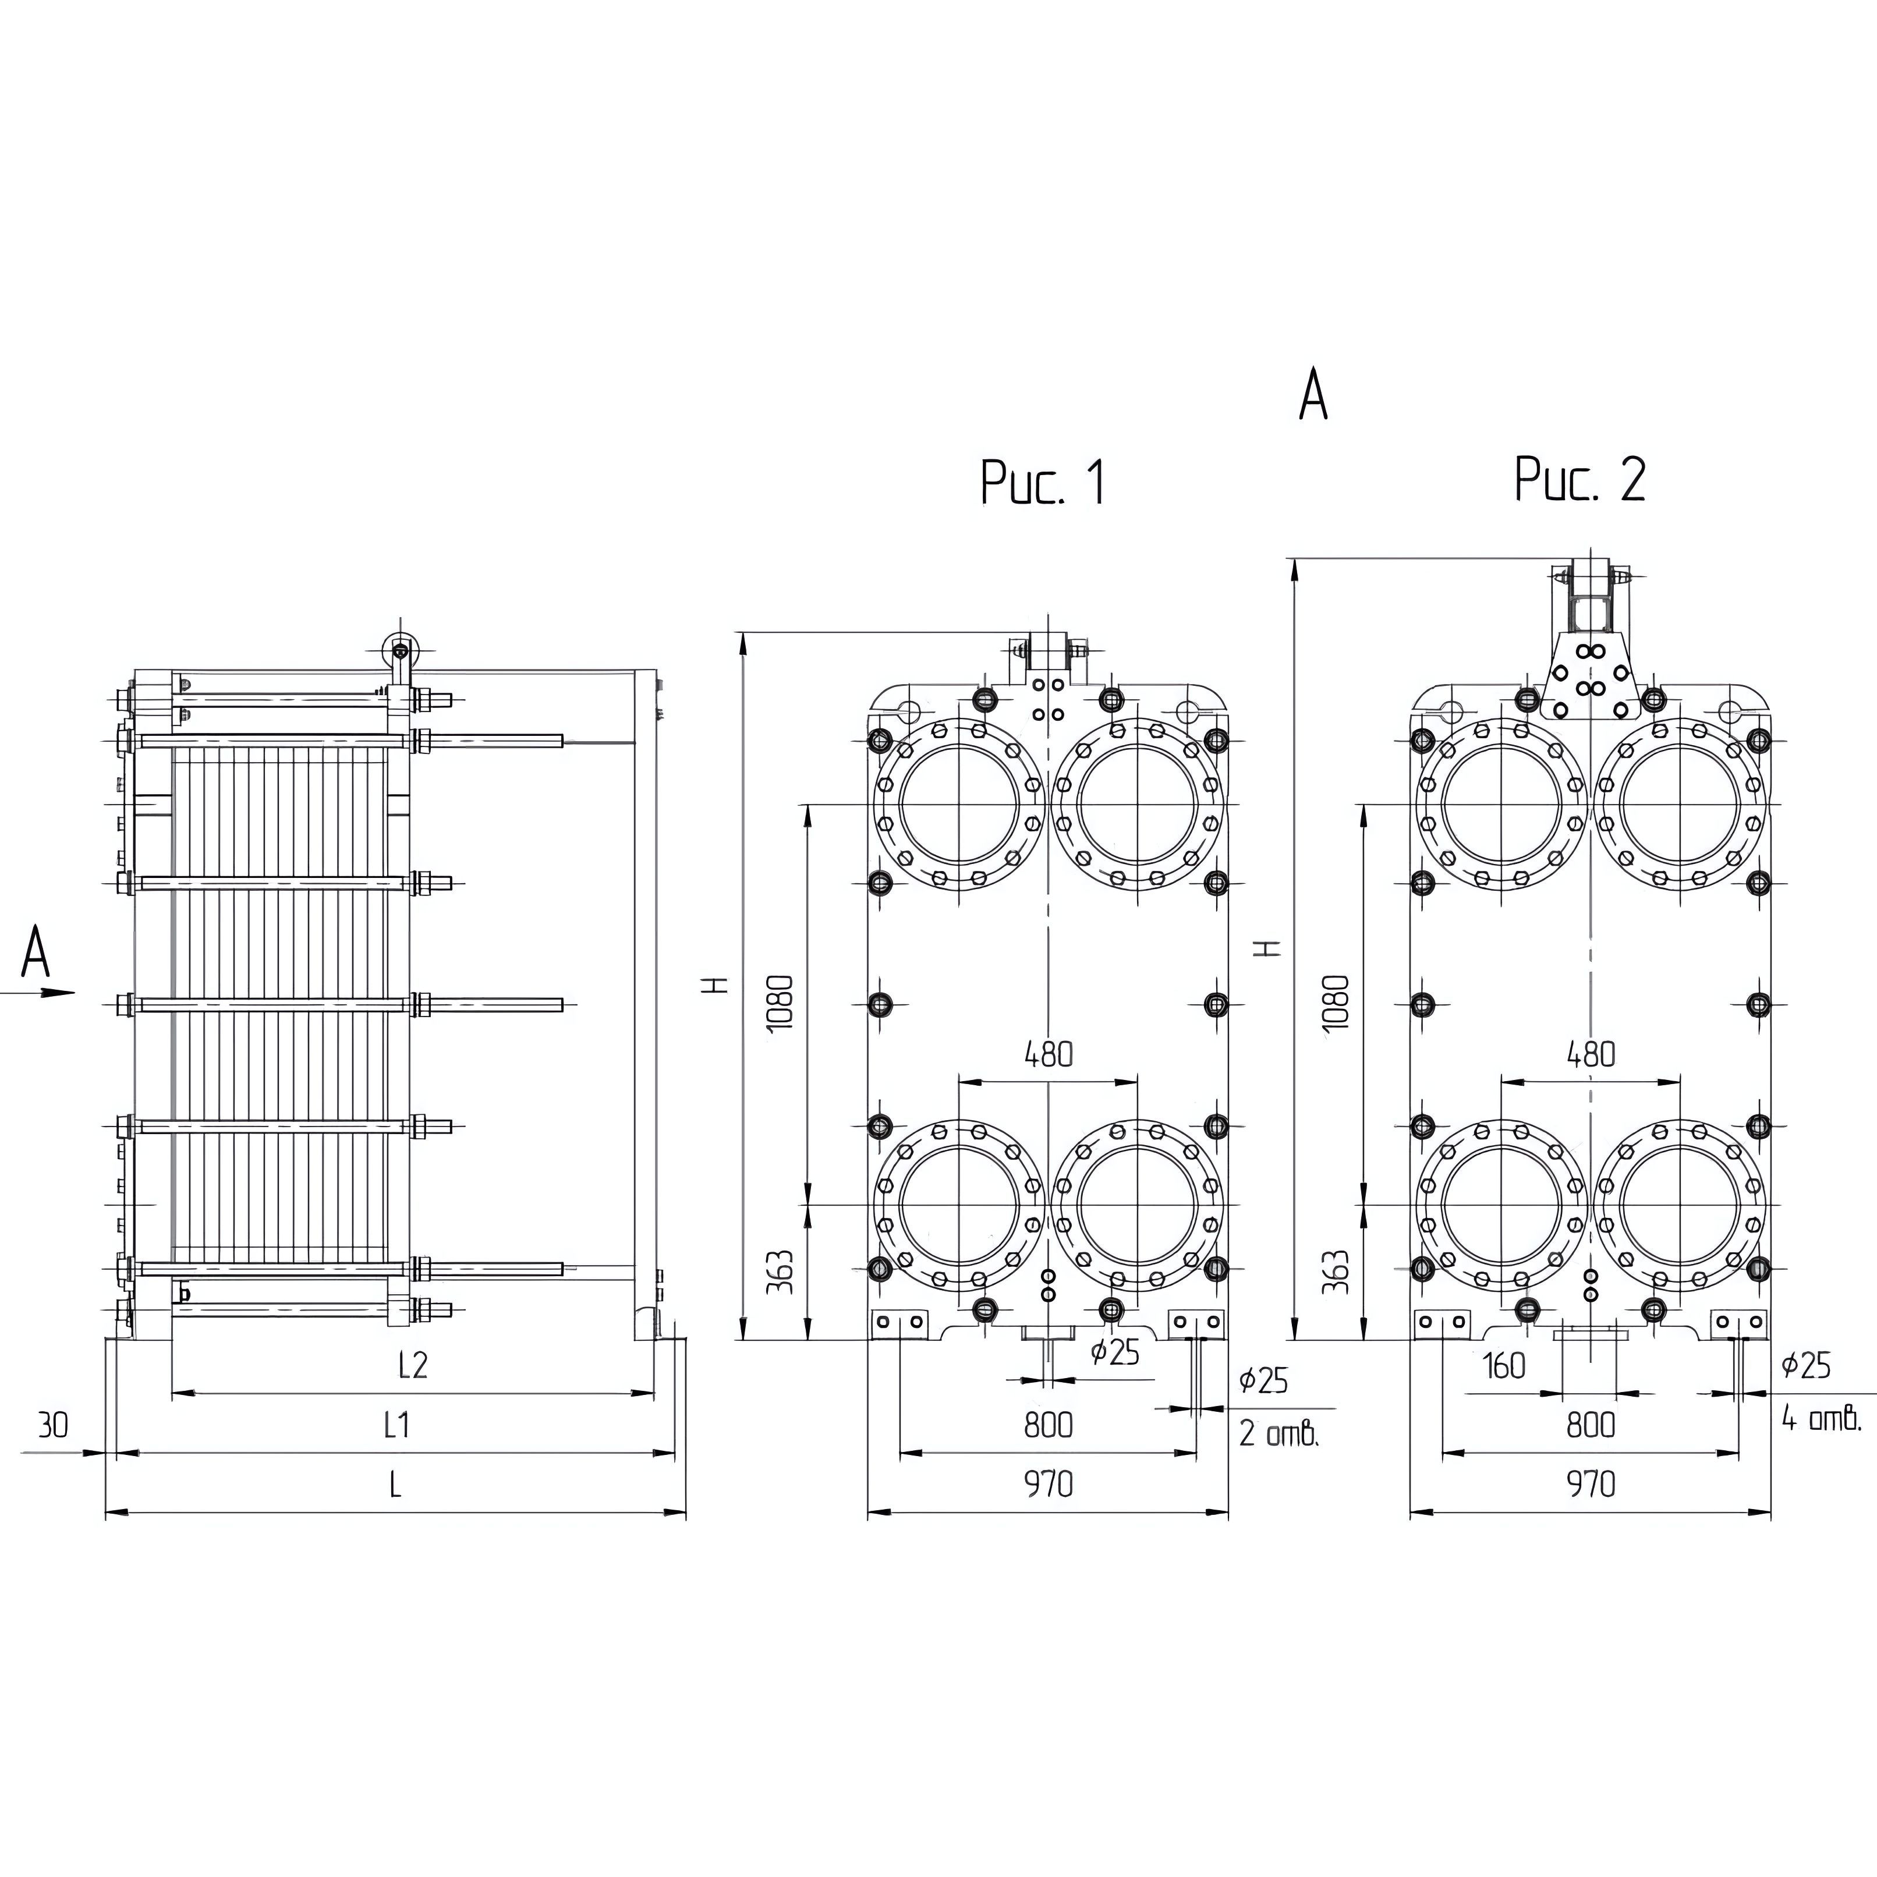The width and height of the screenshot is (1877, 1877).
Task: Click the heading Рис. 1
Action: click(x=1043, y=482)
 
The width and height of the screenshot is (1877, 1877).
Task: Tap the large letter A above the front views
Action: click(x=1312, y=395)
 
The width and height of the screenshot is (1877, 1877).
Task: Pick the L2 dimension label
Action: click(x=413, y=1365)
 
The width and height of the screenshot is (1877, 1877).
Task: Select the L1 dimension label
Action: click(x=396, y=1424)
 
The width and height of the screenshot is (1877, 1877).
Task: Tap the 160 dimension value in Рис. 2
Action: click(x=1504, y=1366)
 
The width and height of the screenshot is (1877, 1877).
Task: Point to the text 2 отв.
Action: click(x=1279, y=1432)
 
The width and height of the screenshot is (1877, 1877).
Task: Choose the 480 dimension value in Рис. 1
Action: click(x=1049, y=1054)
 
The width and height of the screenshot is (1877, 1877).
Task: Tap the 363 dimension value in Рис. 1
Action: click(x=780, y=1272)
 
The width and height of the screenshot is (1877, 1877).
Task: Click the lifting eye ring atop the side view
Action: click(x=398, y=648)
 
